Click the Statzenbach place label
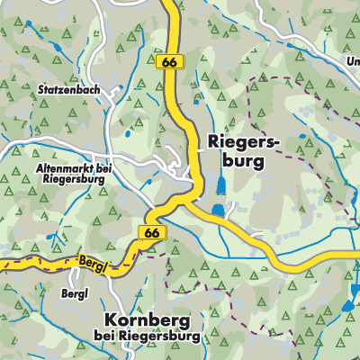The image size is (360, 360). (x=67, y=91)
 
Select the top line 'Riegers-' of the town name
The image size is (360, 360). (x=238, y=142)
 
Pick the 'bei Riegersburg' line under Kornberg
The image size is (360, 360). (x=148, y=337)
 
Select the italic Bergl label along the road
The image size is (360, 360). (x=94, y=256)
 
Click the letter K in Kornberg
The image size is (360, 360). (x=111, y=320)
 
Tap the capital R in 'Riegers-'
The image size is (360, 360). (x=212, y=142)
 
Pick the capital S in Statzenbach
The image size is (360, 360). (x=42, y=91)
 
